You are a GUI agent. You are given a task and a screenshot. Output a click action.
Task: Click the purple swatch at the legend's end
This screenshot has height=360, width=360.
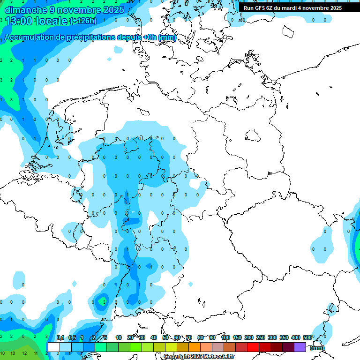point(300,347)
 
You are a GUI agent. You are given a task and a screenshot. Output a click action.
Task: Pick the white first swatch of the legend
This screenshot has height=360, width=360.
point(54,347)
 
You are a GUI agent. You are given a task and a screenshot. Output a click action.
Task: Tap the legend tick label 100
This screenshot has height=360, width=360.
point(225,337)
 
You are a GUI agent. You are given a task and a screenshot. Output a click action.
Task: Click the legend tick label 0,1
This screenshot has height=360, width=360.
point(60,337)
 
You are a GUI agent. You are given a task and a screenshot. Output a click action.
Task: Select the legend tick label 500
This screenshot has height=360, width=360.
point(307,337)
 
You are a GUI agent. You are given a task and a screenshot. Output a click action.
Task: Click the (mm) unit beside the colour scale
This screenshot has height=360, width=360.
point(317,348)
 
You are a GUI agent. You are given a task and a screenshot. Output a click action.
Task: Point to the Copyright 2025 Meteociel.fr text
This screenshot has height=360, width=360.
point(199,357)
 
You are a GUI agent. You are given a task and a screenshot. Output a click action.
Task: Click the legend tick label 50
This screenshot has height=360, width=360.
point(166,337)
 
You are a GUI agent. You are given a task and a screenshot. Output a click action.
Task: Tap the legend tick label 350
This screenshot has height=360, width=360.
point(284,337)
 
